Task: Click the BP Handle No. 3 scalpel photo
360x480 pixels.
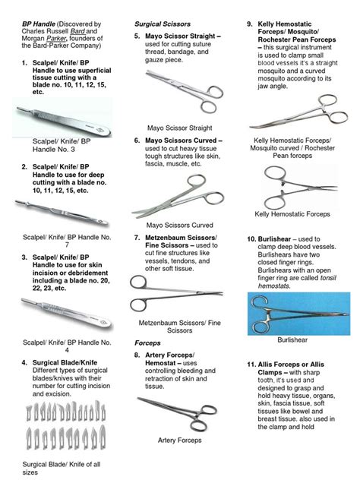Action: point(62,118)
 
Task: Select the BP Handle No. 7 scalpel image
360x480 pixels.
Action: point(62,213)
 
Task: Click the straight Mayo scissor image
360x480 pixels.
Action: point(184,90)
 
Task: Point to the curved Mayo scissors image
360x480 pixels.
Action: point(179,196)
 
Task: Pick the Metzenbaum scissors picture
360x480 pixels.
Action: point(176,294)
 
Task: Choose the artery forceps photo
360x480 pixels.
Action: point(178,413)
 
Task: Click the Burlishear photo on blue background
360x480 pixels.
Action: point(298,314)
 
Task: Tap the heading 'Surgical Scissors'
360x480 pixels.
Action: point(163,24)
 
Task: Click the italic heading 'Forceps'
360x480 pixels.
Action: point(147,343)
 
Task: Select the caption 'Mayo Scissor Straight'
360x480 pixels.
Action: point(180,128)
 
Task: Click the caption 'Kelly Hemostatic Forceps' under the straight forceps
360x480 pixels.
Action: point(292,214)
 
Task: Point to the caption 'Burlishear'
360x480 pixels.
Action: point(292,339)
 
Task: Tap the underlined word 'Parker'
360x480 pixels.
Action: point(56,39)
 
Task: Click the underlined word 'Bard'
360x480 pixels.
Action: point(77,31)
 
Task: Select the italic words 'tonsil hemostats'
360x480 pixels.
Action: point(297,282)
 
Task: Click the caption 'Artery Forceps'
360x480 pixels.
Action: point(180,441)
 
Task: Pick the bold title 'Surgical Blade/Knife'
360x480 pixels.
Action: point(65,363)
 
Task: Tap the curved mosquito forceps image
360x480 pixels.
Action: point(298,113)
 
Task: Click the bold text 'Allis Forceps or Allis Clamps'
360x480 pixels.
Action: point(291,368)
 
